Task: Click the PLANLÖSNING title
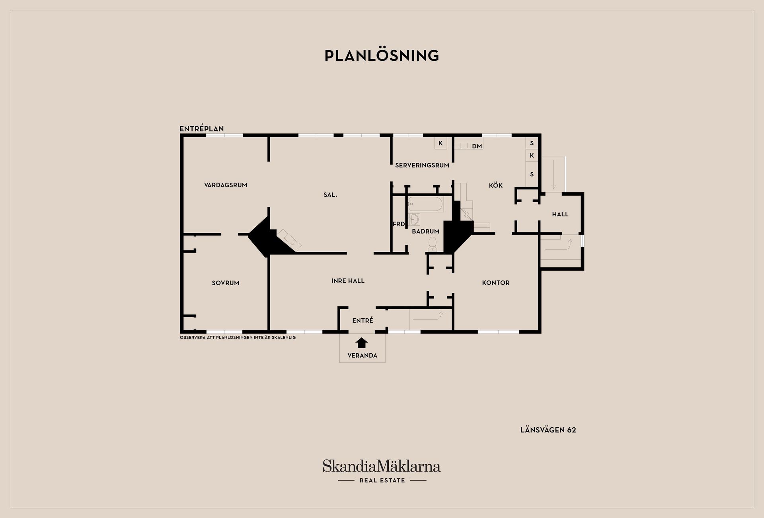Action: tap(382, 55)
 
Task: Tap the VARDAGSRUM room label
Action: tap(226, 185)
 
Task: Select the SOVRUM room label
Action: tap(226, 283)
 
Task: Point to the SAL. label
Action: tap(330, 195)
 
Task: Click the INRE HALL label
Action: tap(348, 280)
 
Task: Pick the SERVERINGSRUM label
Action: tap(422, 165)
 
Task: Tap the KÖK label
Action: tap(496, 185)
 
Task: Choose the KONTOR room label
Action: tap(496, 283)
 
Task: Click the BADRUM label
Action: tap(426, 231)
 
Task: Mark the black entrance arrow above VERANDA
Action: tap(362, 343)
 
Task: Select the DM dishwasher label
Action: tap(477, 146)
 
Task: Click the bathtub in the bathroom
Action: tap(425, 204)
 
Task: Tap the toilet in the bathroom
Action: tap(433, 244)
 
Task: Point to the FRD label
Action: tap(399, 224)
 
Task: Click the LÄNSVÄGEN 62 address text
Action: tap(548, 430)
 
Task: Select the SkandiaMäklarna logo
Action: tap(382, 471)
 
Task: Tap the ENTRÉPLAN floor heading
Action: tap(202, 129)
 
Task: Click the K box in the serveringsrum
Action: tap(440, 143)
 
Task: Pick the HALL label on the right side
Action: tap(560, 214)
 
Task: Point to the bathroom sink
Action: tap(414, 219)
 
